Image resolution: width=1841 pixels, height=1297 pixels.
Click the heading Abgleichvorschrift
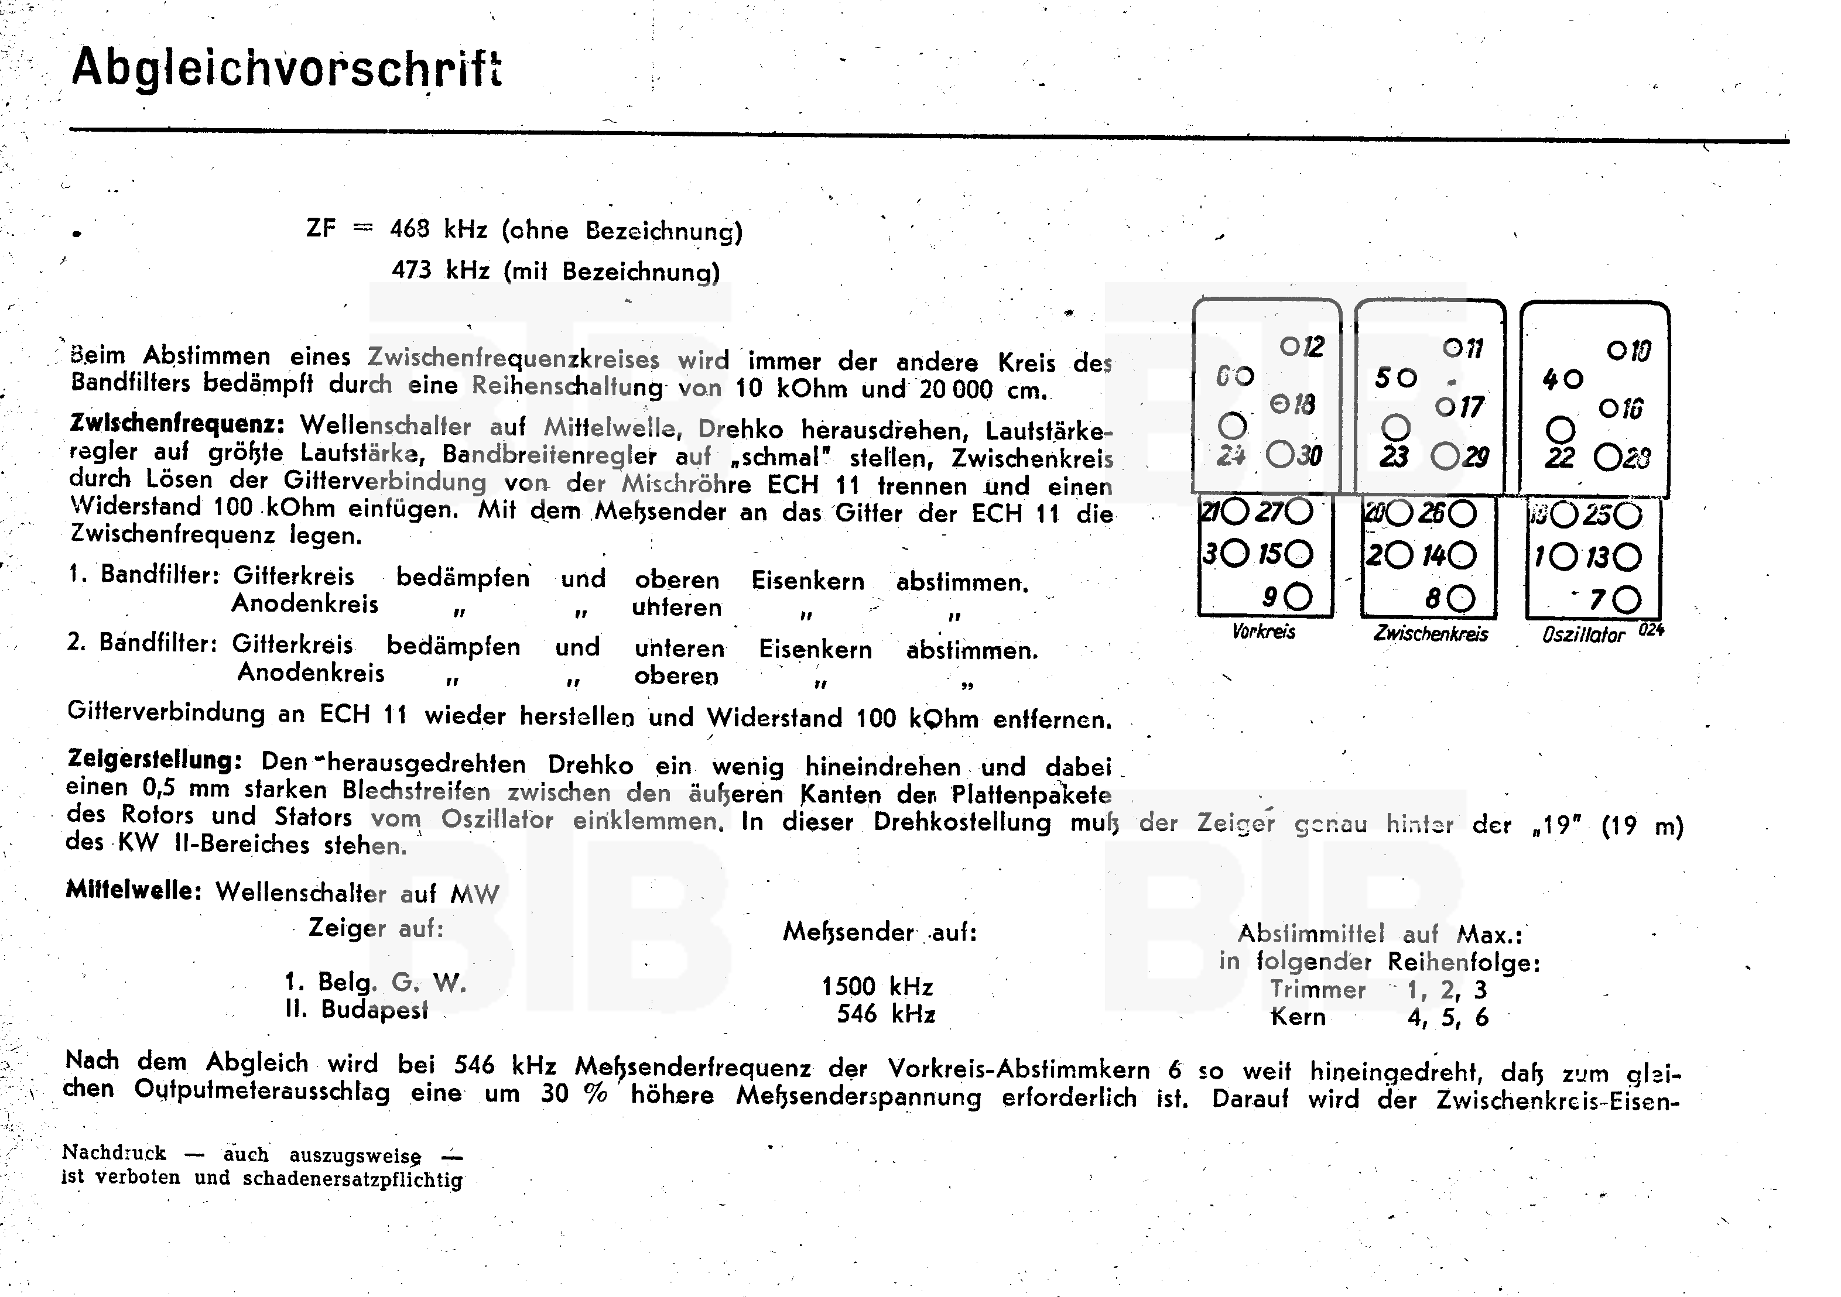coord(286,67)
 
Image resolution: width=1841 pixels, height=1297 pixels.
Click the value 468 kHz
coord(439,230)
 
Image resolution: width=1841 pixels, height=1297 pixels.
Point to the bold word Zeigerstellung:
coord(154,759)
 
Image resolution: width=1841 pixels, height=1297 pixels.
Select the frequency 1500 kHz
coord(877,986)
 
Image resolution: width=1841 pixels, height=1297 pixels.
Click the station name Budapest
coord(374,1009)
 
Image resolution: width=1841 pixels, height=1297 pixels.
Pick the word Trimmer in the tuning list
coord(1318,989)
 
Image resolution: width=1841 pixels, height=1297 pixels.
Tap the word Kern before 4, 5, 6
coord(1298,1017)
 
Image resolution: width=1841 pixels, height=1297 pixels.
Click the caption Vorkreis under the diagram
coord(1264,632)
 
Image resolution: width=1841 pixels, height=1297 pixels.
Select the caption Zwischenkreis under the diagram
coord(1431,634)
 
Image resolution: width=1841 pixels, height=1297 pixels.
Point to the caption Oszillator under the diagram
coord(1583,636)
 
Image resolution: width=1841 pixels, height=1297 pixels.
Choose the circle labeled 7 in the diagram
coord(1627,599)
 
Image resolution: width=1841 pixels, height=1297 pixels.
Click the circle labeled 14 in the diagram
coord(1462,555)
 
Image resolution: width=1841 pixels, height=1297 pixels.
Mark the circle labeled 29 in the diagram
coord(1446,457)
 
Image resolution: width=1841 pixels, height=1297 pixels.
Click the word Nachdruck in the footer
coord(114,1152)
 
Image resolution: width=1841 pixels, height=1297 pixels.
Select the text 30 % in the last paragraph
coord(573,1093)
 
